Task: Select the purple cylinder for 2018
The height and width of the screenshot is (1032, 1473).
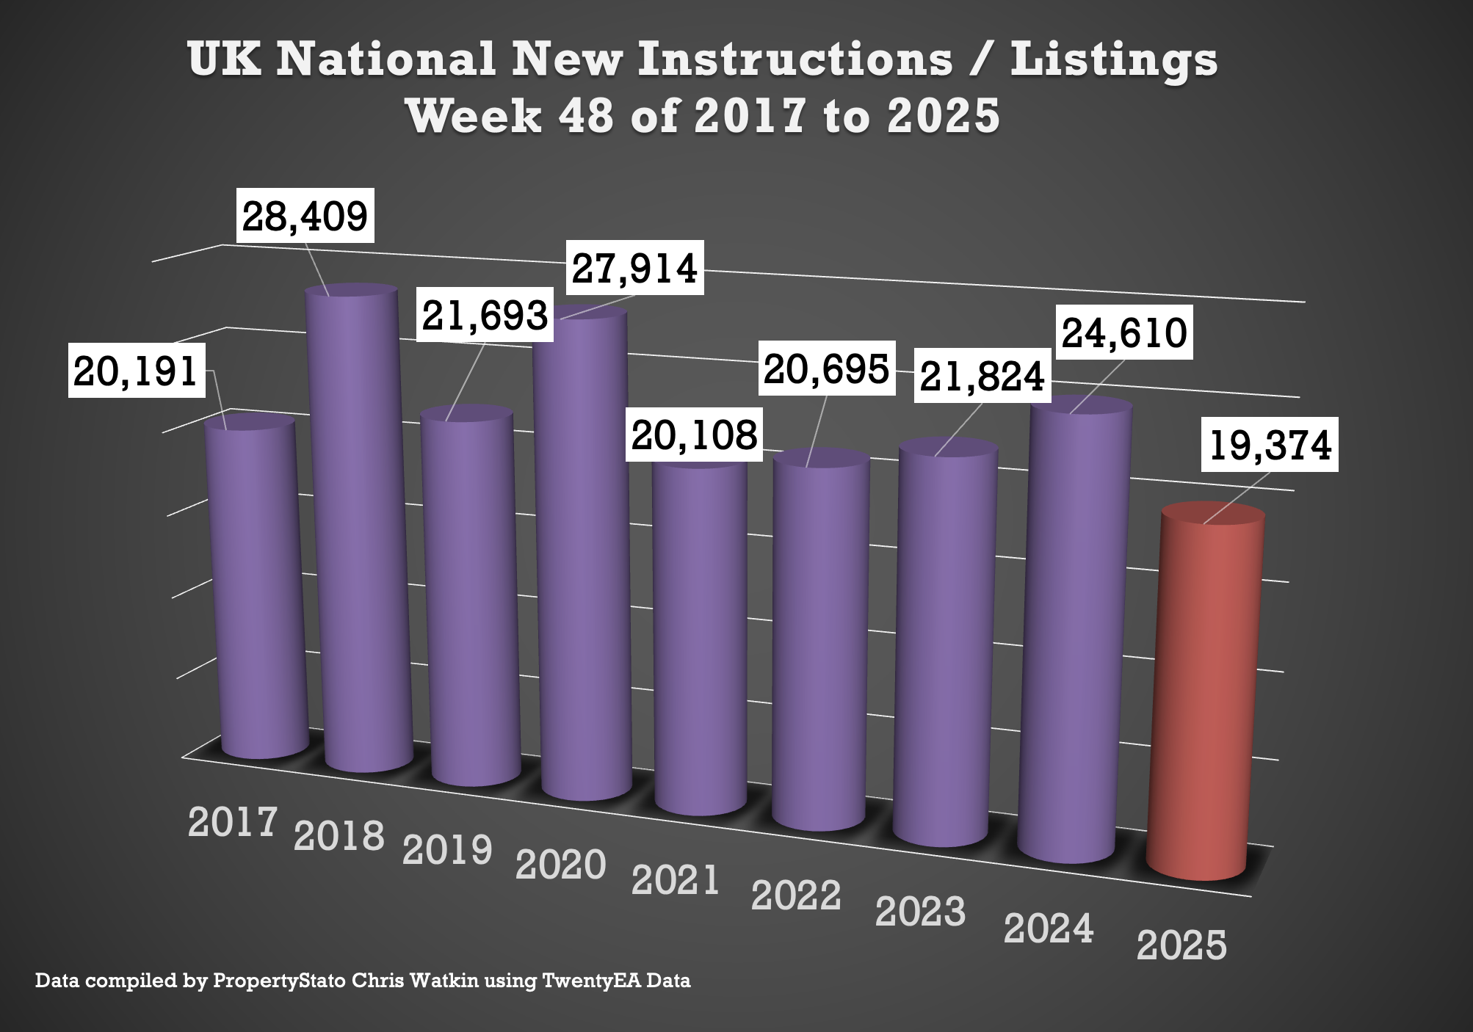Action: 360,528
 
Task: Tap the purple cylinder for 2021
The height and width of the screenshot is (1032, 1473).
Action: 700,639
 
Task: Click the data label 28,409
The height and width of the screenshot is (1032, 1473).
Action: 305,216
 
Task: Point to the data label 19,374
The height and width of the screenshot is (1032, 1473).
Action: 1270,445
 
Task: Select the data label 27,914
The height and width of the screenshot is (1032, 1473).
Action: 634,268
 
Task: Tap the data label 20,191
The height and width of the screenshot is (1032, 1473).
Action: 136,371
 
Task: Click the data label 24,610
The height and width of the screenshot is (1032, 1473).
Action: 1124,333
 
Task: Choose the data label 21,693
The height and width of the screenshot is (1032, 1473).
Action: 485,315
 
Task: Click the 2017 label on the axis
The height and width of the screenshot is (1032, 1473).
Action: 232,822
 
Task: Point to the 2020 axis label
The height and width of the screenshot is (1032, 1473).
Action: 560,865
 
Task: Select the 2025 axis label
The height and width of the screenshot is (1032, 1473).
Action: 1181,945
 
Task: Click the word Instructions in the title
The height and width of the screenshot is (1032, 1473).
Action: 795,59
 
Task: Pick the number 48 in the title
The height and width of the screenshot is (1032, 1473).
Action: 585,116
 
